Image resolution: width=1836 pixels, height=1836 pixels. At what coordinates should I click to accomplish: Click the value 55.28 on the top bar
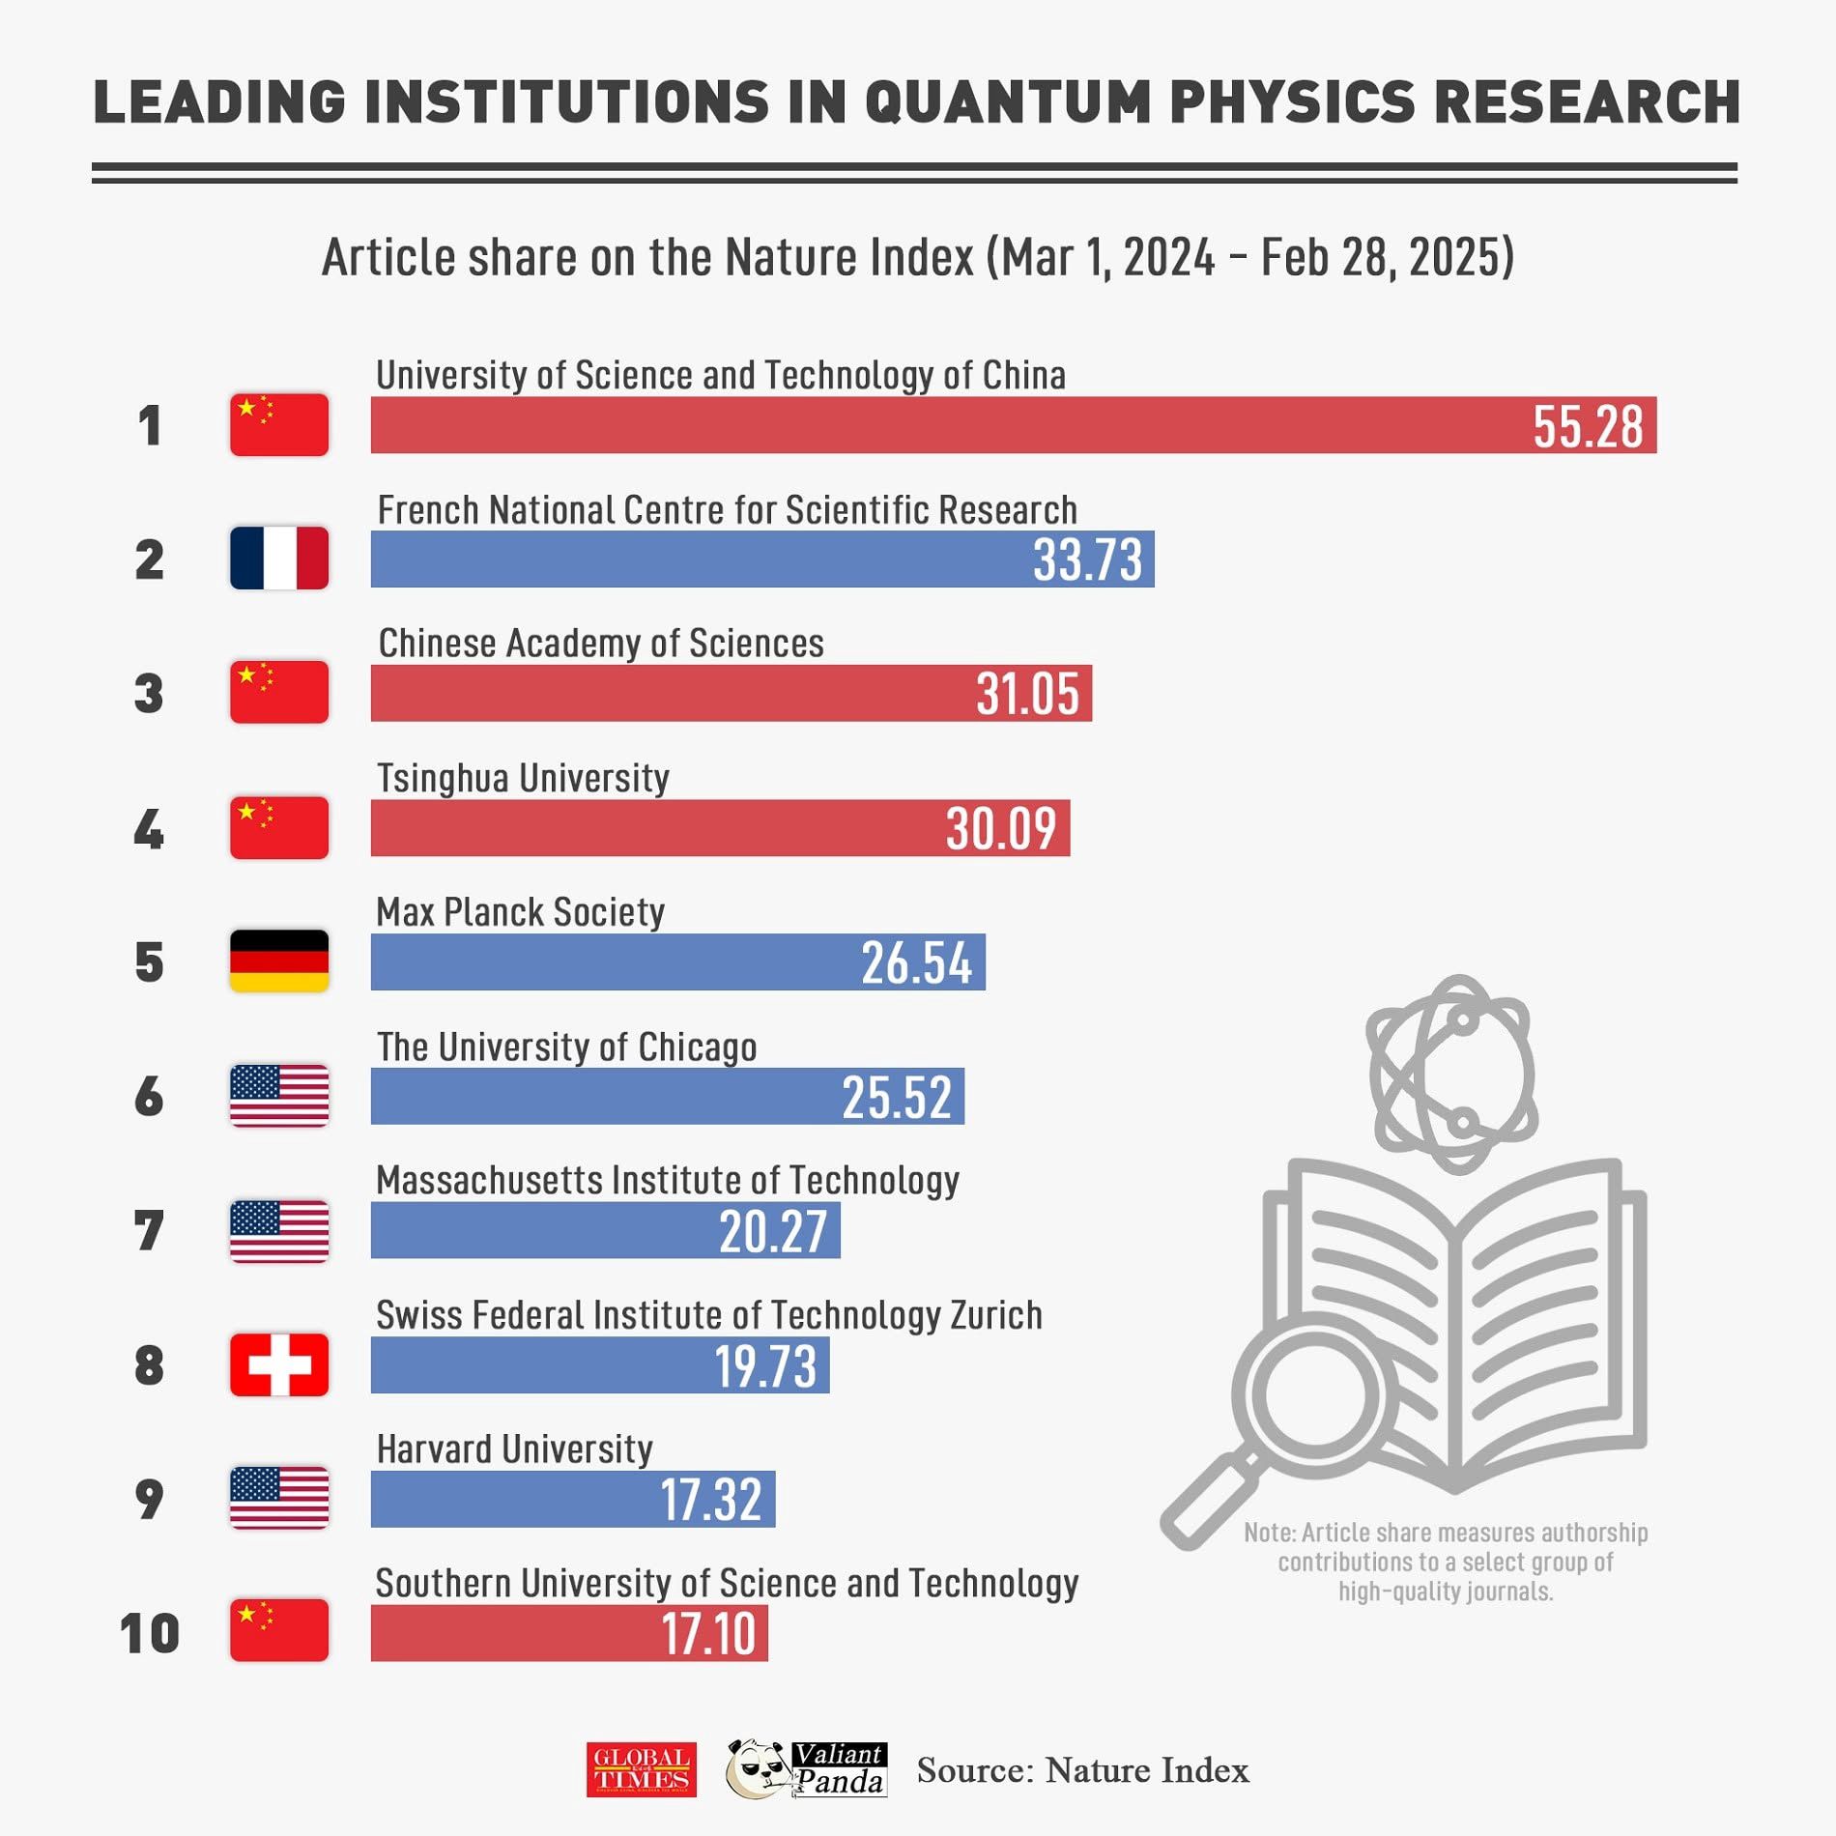tap(1587, 426)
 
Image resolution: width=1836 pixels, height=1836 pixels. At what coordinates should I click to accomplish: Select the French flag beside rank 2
tap(279, 559)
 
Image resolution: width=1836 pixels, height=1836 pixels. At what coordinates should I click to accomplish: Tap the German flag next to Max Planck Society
tap(279, 961)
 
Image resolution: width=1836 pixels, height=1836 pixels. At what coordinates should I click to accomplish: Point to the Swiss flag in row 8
tap(279, 1364)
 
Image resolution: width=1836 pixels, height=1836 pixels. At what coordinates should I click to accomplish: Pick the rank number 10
tap(150, 1633)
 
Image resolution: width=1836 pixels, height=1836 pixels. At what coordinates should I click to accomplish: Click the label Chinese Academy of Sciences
tap(601, 644)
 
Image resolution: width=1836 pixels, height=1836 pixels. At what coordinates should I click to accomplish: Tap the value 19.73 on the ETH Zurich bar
tap(765, 1365)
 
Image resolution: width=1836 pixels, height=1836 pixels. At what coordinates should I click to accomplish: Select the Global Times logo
tap(641, 1770)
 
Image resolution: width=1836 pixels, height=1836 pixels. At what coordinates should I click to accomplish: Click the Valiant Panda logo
tap(807, 1769)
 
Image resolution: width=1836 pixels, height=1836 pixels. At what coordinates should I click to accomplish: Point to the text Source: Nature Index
tap(1082, 1770)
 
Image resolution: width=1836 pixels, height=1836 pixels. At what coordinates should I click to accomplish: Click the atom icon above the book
tap(1452, 1074)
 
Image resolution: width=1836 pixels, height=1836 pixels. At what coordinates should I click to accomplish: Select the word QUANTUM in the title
tap(1008, 102)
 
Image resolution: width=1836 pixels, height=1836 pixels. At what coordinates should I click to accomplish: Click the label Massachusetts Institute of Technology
tap(668, 1181)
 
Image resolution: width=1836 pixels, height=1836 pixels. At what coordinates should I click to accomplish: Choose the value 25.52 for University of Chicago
tap(897, 1097)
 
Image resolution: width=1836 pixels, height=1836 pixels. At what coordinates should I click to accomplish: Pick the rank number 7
tap(149, 1231)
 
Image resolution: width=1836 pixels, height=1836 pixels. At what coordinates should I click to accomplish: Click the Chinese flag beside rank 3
tap(279, 693)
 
